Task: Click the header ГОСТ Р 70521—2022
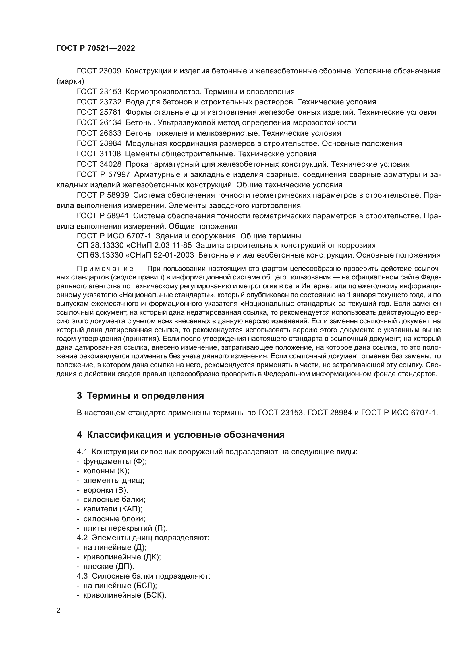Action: point(96,48)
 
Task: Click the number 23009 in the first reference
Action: point(111,71)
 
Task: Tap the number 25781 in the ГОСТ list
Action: point(111,112)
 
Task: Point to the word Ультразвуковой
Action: point(190,123)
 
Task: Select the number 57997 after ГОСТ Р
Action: point(119,175)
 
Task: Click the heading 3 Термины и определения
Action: point(140,396)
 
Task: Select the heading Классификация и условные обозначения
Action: point(186,435)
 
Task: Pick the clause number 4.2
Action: point(82,538)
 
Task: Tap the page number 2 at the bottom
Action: point(59,611)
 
